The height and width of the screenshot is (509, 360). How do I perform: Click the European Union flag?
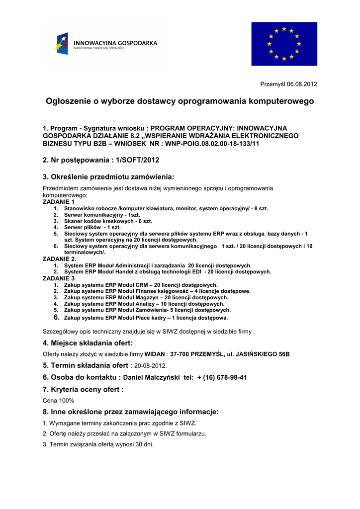click(x=284, y=44)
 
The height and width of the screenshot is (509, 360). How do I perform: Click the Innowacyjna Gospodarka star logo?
click(x=62, y=43)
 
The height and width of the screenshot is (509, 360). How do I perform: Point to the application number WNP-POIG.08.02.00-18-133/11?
click(x=212, y=143)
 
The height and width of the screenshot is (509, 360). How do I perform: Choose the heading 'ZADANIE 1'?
click(x=59, y=202)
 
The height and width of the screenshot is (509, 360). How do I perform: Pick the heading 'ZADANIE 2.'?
click(x=60, y=259)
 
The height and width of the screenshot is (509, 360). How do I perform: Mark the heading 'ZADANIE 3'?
click(x=59, y=278)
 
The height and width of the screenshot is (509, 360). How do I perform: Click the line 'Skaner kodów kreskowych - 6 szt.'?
click(x=108, y=221)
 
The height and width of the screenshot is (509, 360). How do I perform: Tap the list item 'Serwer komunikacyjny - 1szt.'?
click(x=102, y=215)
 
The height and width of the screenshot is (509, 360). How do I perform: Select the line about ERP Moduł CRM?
click(x=141, y=285)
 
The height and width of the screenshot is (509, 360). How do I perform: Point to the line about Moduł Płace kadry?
click(x=146, y=318)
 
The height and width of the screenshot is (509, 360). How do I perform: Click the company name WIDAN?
click(x=155, y=354)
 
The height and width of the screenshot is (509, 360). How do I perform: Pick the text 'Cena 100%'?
click(x=59, y=400)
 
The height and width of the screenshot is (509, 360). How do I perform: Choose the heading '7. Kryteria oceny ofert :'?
click(x=83, y=390)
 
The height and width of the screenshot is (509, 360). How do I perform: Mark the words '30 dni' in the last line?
click(x=145, y=444)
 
